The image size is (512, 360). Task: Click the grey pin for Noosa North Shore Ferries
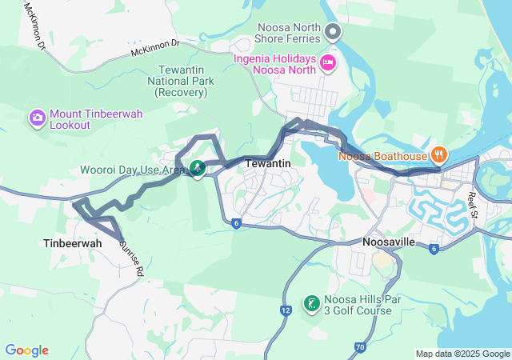[x=334, y=33]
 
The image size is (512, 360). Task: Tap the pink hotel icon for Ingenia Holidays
[x=328, y=62]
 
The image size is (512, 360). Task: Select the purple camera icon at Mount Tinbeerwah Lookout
[x=37, y=119]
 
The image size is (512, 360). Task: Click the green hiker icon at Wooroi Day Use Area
[x=196, y=169]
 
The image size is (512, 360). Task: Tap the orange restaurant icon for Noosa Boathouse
[x=438, y=154]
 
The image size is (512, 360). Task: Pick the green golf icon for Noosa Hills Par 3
[x=311, y=304]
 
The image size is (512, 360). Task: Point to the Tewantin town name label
[x=267, y=163]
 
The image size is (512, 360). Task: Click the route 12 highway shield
[x=286, y=310]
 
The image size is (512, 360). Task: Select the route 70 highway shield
[x=360, y=347]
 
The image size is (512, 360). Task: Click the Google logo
[x=26, y=350]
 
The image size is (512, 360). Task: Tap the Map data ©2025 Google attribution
[x=462, y=354]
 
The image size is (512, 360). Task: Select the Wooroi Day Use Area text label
[x=132, y=170]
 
